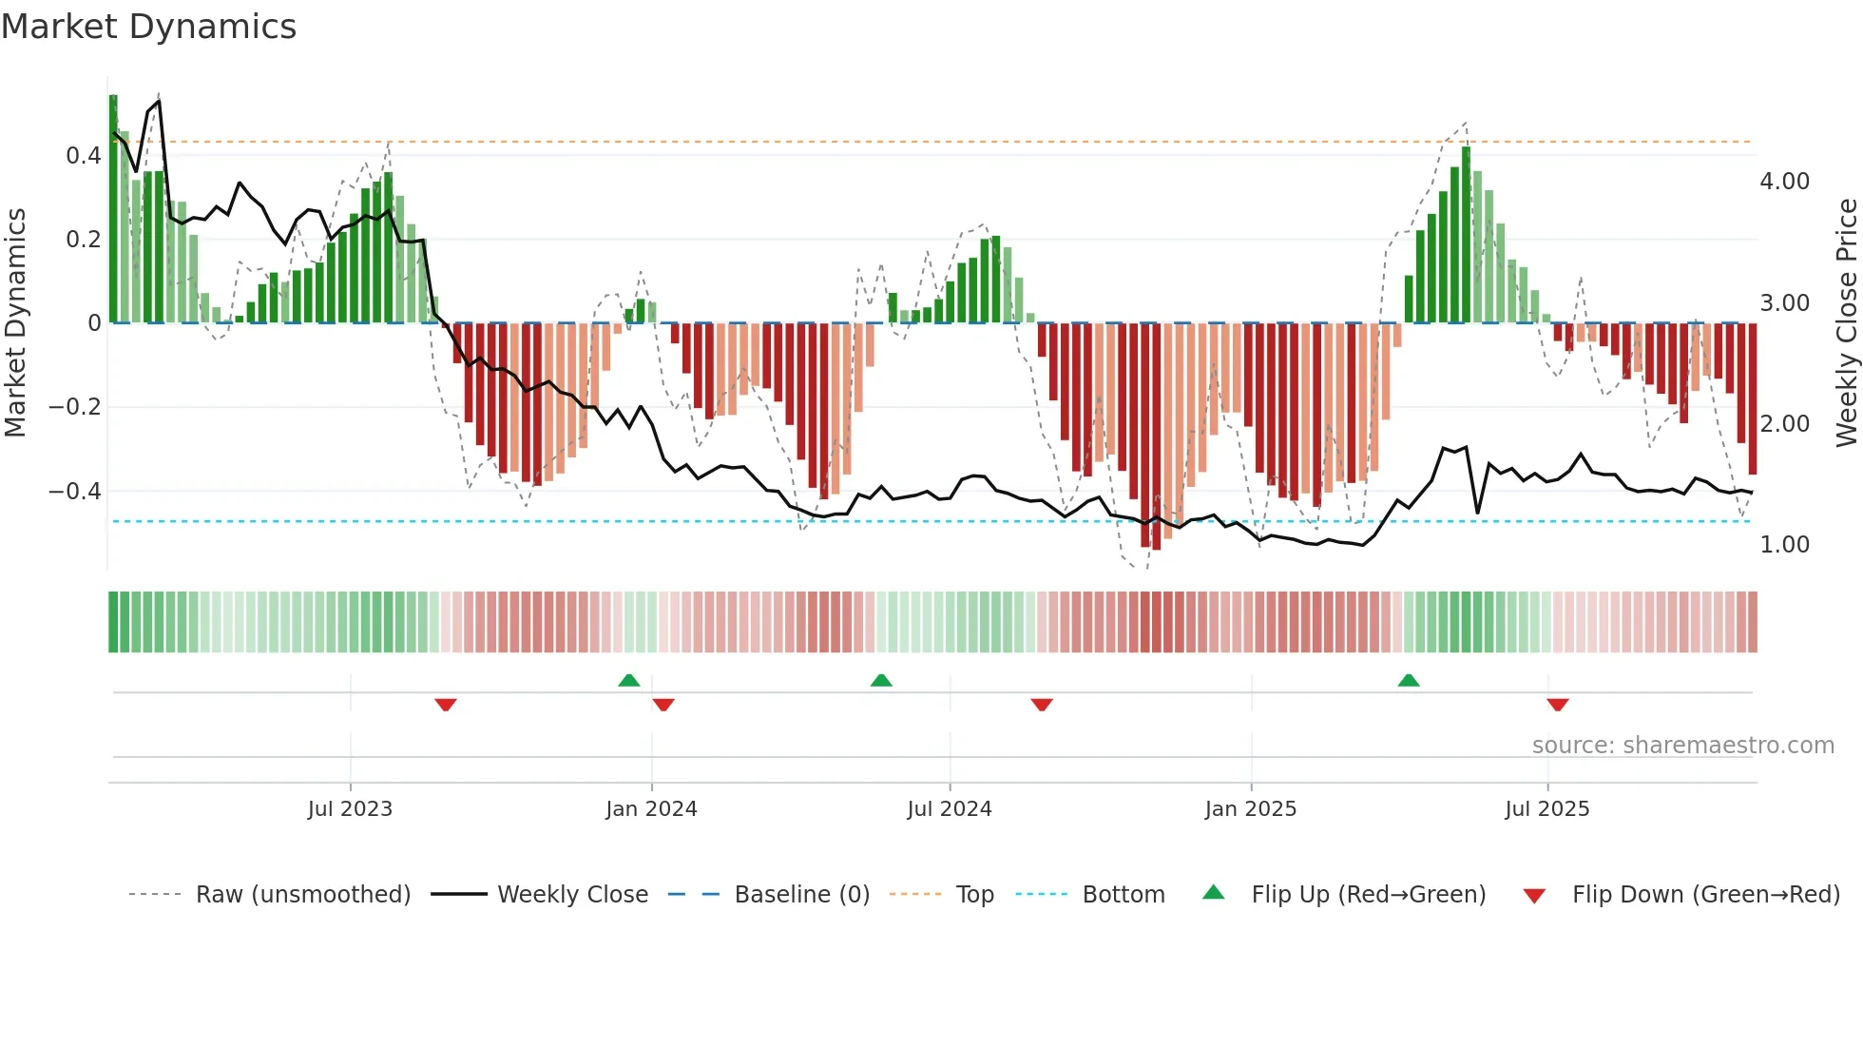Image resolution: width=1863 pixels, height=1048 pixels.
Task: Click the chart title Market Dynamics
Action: (148, 27)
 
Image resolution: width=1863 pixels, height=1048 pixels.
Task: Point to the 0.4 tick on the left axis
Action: (84, 155)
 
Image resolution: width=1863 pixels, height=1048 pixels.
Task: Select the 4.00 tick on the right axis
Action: (1784, 181)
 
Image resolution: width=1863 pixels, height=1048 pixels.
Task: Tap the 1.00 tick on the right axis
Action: (1784, 544)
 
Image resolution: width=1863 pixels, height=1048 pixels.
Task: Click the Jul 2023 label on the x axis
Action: (350, 808)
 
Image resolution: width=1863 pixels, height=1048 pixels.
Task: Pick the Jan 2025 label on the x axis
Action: (1250, 808)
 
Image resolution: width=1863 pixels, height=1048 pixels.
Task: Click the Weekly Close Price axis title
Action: (1846, 322)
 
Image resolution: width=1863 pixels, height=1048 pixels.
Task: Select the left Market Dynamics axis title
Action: (15, 322)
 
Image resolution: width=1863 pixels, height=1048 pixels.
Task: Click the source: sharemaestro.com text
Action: (1682, 745)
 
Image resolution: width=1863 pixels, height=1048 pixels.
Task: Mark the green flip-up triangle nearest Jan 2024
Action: (628, 680)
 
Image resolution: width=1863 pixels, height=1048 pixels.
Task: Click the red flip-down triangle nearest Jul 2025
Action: (1557, 705)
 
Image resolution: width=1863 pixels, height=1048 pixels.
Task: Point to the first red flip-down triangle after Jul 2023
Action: (446, 705)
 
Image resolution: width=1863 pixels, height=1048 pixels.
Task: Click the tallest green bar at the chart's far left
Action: (113, 209)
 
